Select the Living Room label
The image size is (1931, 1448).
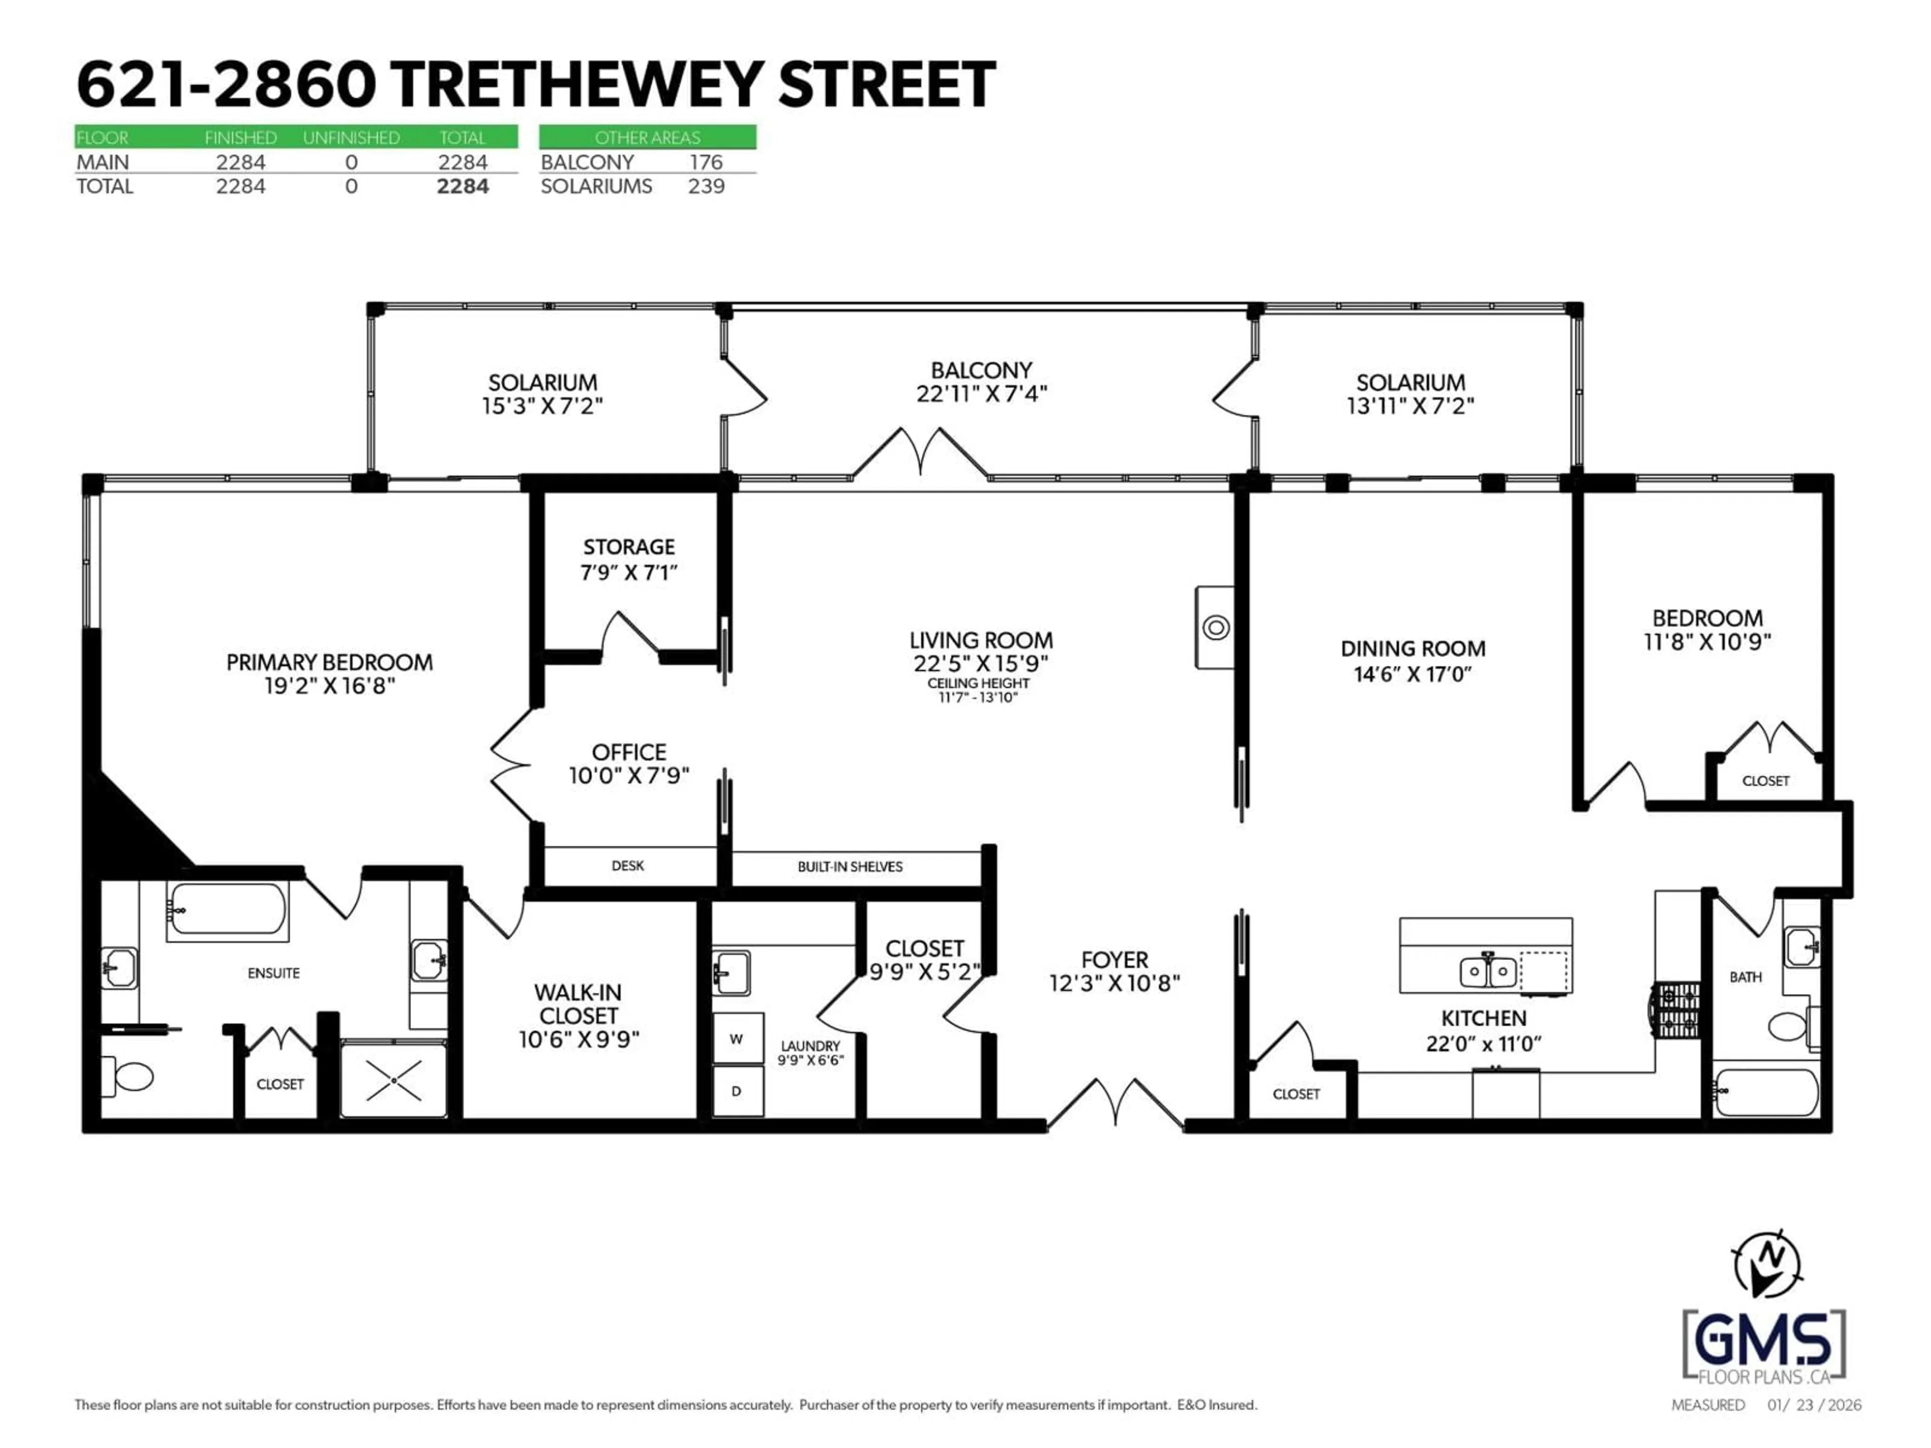tap(981, 641)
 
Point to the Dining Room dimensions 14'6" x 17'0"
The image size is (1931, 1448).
tap(1413, 674)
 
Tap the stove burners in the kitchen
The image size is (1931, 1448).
tap(1676, 1010)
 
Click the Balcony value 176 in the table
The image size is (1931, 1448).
tap(706, 162)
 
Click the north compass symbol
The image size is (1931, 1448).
tap(1767, 1264)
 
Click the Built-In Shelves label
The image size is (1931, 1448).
tap(849, 867)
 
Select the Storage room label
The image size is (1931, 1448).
tap(629, 547)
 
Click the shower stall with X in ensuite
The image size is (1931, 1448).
tap(394, 1079)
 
